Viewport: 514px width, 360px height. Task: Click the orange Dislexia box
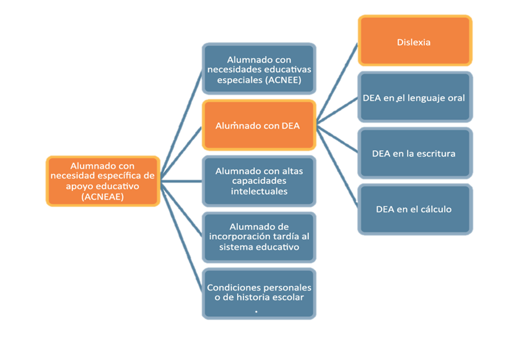point(415,40)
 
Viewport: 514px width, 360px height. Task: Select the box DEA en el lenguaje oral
point(415,97)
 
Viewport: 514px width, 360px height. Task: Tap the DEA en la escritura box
point(415,153)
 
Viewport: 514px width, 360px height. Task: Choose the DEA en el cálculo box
point(415,209)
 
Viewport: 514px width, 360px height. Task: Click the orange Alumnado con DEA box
point(259,125)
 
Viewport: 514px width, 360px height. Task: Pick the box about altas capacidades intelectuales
point(259,181)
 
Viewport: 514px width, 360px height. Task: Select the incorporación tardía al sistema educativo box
point(259,237)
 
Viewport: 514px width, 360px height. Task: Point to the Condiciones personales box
point(259,294)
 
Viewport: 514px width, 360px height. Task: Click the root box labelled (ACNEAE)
point(103,181)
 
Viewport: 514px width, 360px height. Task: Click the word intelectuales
point(259,191)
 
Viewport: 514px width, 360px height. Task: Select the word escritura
point(435,154)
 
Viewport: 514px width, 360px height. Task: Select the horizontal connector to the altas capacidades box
point(181,181)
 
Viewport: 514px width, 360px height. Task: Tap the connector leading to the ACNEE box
point(181,125)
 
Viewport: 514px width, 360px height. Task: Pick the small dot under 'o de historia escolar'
point(256,312)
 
